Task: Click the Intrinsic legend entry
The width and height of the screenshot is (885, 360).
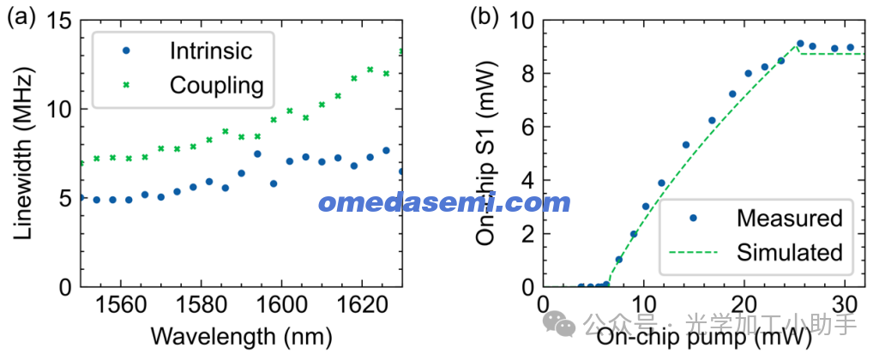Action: coord(210,51)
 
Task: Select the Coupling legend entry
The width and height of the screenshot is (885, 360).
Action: coord(215,86)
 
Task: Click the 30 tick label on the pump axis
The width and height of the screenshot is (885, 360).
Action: coord(846,304)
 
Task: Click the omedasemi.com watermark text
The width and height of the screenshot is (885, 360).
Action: coord(443,204)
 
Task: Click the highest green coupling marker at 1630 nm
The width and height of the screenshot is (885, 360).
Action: coord(401,51)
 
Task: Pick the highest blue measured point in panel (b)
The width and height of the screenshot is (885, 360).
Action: coord(800,44)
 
